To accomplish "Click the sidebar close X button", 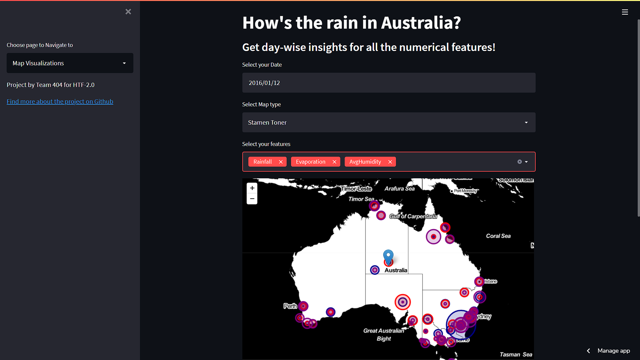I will click(x=128, y=12).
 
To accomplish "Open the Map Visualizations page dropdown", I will click(x=70, y=63).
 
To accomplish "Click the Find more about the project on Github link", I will click(x=60, y=102).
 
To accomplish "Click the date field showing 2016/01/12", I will click(x=389, y=83).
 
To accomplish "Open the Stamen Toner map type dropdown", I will click(x=389, y=122).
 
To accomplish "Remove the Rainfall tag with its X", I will click(x=281, y=162).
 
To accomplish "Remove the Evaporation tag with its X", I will click(x=334, y=162).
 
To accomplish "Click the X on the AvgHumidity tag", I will click(x=390, y=162).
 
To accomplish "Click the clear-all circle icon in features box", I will click(x=519, y=162).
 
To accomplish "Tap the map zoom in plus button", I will click(x=252, y=188).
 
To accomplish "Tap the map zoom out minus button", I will click(x=252, y=199).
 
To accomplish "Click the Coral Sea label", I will click(x=498, y=236).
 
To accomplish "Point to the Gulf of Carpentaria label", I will click(x=413, y=216).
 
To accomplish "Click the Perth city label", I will click(x=290, y=306).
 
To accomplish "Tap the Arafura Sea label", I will click(x=399, y=189).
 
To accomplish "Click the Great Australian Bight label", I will click(x=384, y=335).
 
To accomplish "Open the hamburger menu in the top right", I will click(x=625, y=12).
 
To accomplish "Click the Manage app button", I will click(x=613, y=351).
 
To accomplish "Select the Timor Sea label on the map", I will click(x=361, y=199).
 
